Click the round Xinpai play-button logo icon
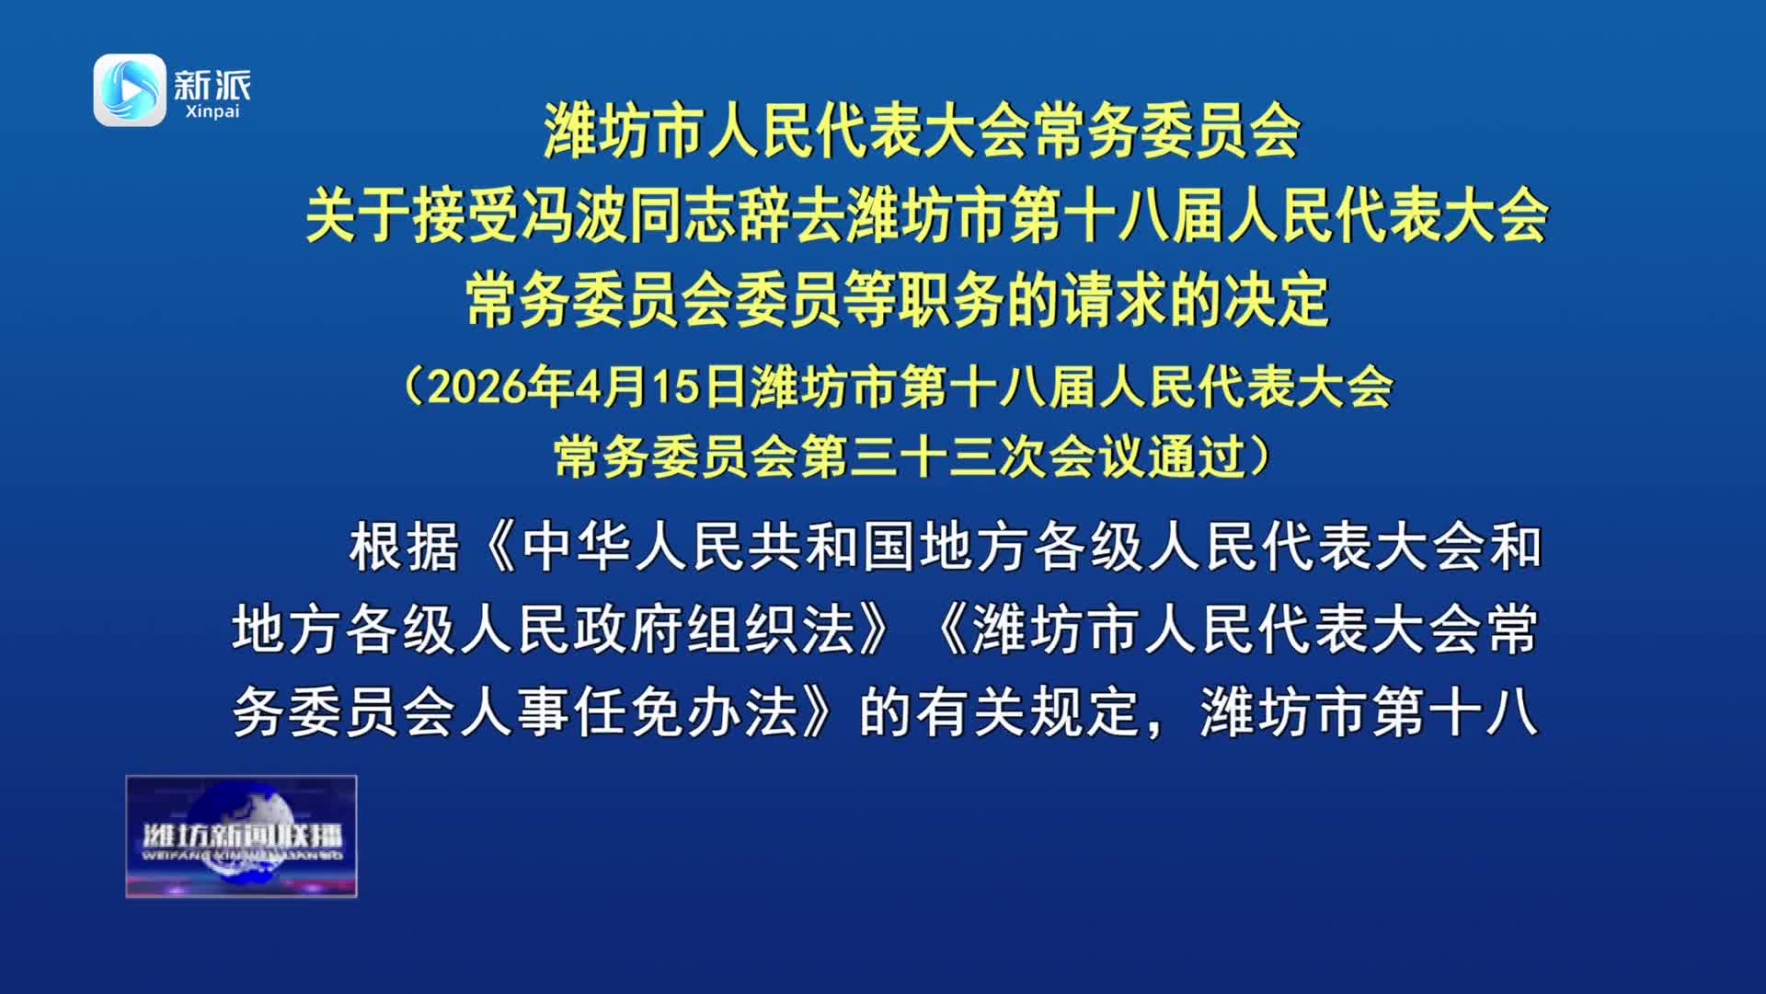[x=130, y=89]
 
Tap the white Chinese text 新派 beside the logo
[x=212, y=85]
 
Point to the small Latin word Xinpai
[x=212, y=112]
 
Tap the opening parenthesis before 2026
[x=413, y=387]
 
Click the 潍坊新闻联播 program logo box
[x=241, y=836]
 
